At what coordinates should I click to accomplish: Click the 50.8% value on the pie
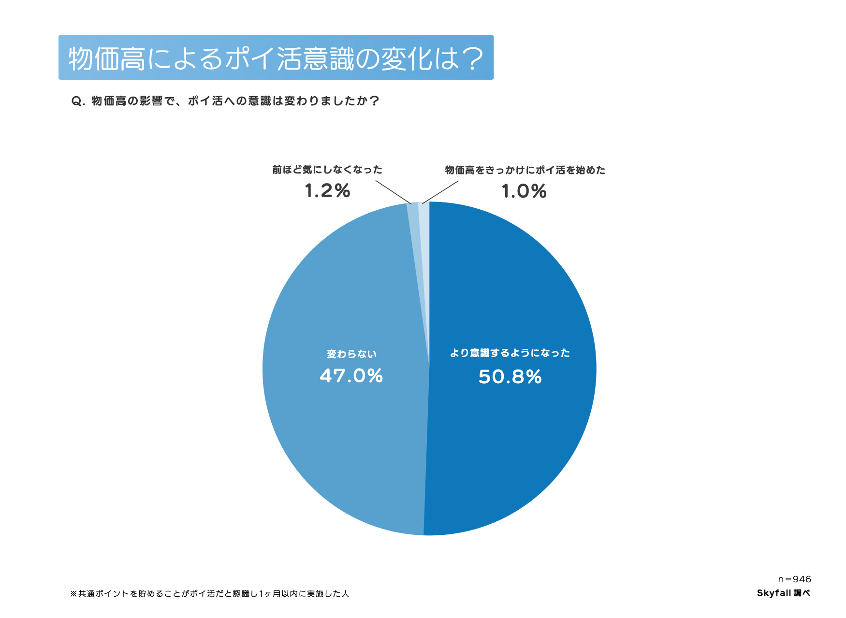[510, 377]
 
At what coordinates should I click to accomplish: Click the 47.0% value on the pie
[351, 376]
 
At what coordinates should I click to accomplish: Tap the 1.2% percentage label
[327, 191]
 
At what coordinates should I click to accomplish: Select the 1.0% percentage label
[524, 191]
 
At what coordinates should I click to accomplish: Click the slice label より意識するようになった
[510, 353]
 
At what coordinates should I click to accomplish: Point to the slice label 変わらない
[351, 354]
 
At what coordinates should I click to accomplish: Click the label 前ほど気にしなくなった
[327, 170]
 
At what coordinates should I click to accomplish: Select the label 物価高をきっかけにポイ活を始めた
[525, 170]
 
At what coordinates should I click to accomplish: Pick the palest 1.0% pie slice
[424, 232]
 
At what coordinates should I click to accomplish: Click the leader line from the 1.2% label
[393, 192]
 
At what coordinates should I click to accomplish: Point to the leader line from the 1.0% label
[440, 192]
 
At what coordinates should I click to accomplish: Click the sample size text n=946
[794, 579]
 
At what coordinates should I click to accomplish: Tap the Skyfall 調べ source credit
[783, 593]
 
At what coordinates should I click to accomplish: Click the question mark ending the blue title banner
[472, 58]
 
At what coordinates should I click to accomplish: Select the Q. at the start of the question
[78, 101]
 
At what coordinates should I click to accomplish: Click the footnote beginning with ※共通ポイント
[209, 593]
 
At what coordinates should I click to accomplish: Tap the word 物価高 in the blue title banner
[107, 58]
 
